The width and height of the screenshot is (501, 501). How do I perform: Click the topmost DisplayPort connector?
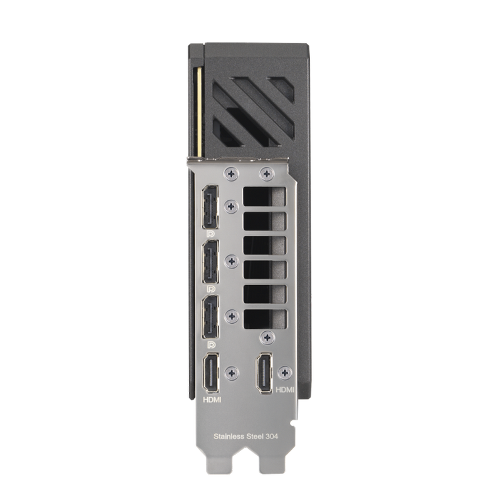click(x=210, y=207)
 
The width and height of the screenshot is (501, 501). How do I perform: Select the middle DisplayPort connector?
click(x=210, y=262)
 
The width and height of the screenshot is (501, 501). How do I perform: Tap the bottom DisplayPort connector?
click(x=210, y=317)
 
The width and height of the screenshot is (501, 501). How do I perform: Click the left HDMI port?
click(x=211, y=373)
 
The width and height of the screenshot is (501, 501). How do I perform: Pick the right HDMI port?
click(x=265, y=373)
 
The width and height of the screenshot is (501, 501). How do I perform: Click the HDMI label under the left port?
click(x=212, y=400)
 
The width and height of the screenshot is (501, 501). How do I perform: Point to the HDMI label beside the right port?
click(x=285, y=390)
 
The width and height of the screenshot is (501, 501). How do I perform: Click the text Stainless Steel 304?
click(x=245, y=436)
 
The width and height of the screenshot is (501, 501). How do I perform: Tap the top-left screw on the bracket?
click(x=231, y=174)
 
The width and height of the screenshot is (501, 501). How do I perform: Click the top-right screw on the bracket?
click(x=267, y=174)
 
